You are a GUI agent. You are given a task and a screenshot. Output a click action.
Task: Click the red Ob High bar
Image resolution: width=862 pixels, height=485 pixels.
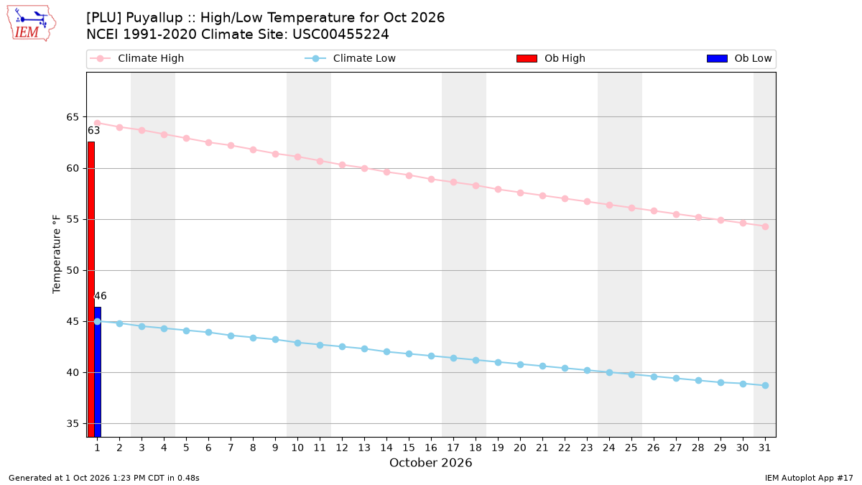pos(91,289)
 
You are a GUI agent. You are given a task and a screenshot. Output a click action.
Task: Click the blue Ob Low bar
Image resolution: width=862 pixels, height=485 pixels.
pos(98,372)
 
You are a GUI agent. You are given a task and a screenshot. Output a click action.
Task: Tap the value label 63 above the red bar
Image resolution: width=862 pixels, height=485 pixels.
pos(94,131)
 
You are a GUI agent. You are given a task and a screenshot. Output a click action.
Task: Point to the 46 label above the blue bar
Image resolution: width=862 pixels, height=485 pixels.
pos(101,296)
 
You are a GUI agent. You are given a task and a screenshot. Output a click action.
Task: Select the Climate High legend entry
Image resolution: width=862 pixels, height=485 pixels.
pos(137,58)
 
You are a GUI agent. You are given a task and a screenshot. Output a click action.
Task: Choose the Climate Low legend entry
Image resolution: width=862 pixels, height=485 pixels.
pos(351,58)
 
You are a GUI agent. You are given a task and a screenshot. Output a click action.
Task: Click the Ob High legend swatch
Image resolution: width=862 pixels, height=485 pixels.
pos(527,58)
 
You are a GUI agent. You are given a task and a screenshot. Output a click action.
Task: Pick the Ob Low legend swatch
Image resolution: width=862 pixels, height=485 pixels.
pos(717,58)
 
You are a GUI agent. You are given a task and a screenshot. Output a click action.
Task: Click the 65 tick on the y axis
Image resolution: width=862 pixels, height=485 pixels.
pos(73,117)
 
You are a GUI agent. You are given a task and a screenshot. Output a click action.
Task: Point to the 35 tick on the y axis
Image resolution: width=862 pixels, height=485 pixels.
pos(73,424)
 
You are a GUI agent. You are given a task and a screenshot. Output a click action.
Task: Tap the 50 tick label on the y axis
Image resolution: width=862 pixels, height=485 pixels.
pos(73,271)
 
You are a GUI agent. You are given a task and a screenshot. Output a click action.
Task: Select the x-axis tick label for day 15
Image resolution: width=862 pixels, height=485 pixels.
pos(409,448)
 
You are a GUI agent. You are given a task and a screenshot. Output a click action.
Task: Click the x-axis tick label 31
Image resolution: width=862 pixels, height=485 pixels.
pos(764,448)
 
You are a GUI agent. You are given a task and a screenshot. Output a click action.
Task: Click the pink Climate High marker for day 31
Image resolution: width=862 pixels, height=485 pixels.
pos(765,227)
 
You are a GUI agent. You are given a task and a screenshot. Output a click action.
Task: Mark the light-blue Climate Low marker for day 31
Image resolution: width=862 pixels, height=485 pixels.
pos(765,385)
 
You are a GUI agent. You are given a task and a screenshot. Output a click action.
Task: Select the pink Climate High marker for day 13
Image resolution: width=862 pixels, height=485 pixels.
pos(364,169)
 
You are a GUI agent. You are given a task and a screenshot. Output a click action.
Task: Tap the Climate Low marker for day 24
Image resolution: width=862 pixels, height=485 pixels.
pos(609,373)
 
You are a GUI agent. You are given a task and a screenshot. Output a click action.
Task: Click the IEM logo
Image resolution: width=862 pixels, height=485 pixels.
pos(31,24)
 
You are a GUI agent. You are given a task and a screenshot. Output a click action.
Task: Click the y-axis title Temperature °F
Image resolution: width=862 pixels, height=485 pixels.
pos(57,254)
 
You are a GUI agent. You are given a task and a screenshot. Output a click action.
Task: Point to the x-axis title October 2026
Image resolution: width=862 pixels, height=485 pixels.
pos(430,463)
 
